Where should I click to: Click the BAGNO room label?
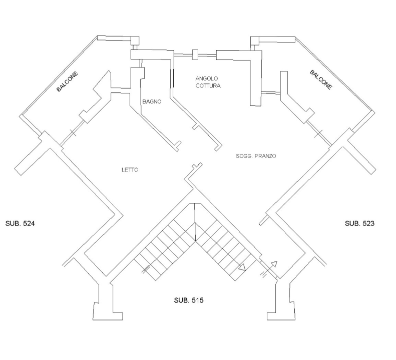(152, 101)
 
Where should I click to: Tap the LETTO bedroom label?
(130, 170)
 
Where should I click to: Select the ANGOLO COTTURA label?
(208, 82)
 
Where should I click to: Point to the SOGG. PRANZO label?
(256, 156)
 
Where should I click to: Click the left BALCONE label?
(68, 81)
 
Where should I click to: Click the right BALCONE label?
(321, 79)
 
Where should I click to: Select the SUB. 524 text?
(20, 223)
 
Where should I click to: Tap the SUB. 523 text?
(359, 223)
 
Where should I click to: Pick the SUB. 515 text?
(189, 300)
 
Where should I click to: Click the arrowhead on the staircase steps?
(242, 267)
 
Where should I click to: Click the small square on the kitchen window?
(195, 54)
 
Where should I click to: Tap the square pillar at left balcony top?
(135, 40)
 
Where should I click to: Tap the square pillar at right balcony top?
(255, 40)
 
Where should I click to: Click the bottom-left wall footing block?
(108, 311)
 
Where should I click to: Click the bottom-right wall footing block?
(281, 311)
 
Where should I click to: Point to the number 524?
(29, 223)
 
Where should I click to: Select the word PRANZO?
(265, 156)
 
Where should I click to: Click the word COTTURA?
(208, 86)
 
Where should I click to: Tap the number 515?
(197, 300)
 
